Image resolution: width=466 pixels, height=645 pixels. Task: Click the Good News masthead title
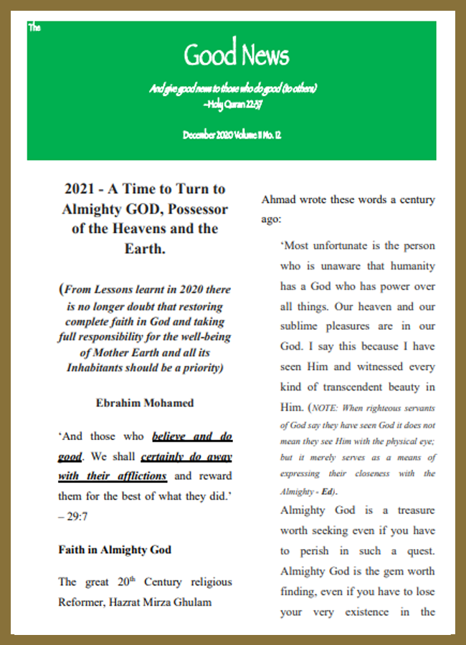236,55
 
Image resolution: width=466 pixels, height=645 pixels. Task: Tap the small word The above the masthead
34,28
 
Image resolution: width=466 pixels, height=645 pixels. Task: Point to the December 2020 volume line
231,134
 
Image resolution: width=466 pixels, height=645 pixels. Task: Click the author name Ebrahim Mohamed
145,403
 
